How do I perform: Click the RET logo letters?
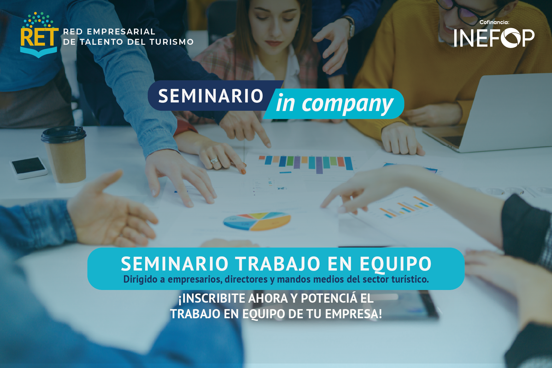coord(39,37)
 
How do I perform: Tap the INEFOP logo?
coord(494,38)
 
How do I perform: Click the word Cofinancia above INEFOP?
coord(494,22)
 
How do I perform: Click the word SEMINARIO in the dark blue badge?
coord(211,96)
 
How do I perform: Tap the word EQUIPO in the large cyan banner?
coord(395,264)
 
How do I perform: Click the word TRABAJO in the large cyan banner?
coord(278,263)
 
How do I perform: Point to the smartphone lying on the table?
coord(29,167)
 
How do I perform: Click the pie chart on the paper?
coord(257,221)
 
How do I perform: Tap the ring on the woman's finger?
coord(215,161)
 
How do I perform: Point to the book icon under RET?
coord(39,52)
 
